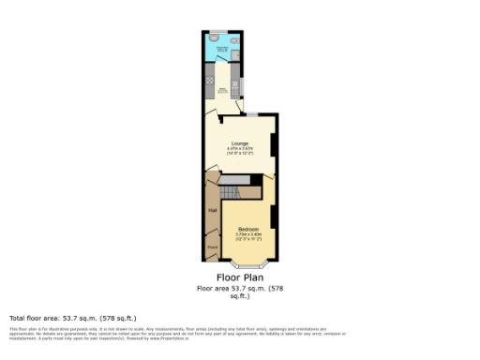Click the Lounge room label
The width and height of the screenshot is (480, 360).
point(240,142)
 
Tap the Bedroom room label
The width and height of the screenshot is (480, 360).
point(248,230)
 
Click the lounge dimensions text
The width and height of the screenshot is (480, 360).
point(240,151)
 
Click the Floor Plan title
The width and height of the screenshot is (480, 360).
point(239,277)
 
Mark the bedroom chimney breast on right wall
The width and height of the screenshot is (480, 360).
point(273,217)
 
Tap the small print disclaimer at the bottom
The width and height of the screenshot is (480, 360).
point(178,333)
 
